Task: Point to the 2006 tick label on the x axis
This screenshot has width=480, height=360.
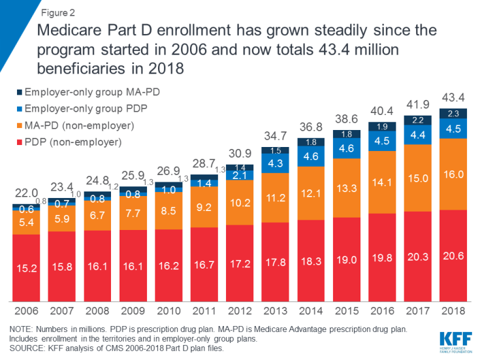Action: (x=26, y=309)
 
